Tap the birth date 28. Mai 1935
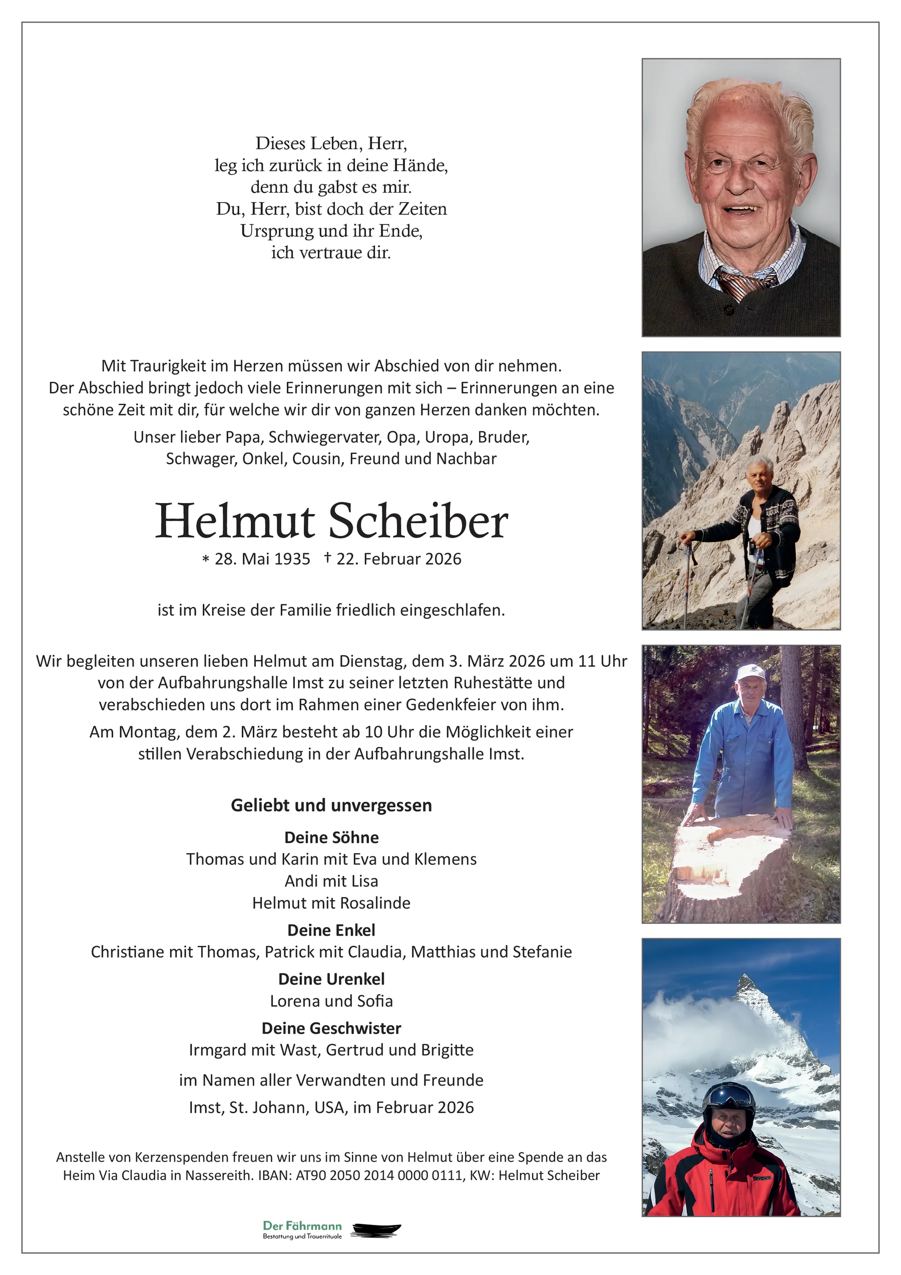tap(262, 559)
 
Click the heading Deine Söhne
tap(331, 837)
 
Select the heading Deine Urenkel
tap(331, 979)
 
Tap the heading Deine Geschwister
tap(331, 1028)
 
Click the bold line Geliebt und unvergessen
tap(331, 806)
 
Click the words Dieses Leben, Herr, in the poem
tap(331, 144)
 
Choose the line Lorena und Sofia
tap(331, 1001)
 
